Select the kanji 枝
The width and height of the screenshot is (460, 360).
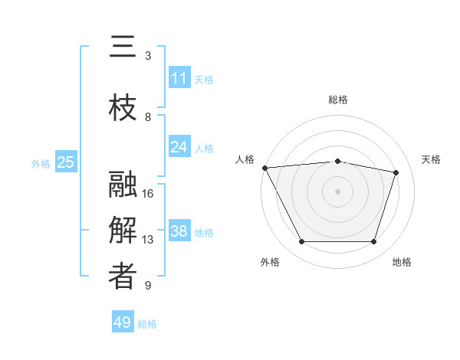[123, 109]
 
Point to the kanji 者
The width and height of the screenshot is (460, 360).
[123, 277]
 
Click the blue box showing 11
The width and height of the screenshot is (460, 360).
[179, 77]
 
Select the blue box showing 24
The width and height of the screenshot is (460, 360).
[179, 146]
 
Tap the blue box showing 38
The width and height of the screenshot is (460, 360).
[179, 231]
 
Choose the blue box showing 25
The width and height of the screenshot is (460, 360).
[65, 162]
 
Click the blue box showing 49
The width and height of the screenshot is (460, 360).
[122, 322]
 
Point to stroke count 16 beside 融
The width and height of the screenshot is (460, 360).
[149, 193]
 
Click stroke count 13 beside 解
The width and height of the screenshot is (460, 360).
[149, 240]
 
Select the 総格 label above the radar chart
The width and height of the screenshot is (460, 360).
[337, 100]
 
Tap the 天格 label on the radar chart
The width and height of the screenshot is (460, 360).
[432, 159]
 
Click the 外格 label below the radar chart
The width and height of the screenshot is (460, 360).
[270, 262]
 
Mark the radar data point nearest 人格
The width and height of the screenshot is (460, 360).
[264, 168]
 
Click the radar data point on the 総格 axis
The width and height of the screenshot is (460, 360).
[337, 161]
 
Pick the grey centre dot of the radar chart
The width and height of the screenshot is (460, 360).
[337, 191]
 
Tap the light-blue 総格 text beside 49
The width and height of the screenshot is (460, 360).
[147, 324]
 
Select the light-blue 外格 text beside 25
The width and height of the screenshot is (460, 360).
[41, 163]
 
